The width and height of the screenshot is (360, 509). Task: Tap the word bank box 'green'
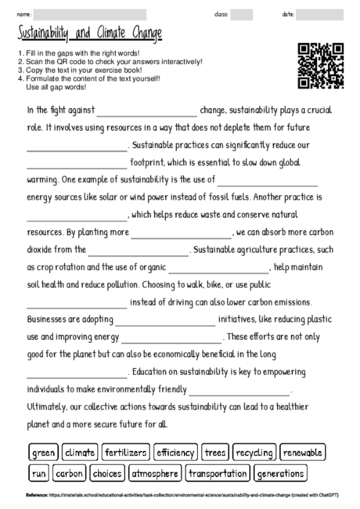(x=44, y=453)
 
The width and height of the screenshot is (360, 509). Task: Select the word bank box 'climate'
(x=80, y=453)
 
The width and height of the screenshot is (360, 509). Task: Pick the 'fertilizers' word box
(x=125, y=453)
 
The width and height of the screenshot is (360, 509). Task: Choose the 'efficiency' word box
(x=175, y=453)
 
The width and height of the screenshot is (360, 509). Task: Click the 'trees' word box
(x=214, y=453)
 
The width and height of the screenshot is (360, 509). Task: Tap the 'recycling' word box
(x=254, y=453)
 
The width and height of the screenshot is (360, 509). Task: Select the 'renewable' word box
(x=303, y=453)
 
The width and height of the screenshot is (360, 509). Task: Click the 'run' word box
(x=39, y=474)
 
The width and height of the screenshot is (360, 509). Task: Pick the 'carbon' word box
(x=70, y=474)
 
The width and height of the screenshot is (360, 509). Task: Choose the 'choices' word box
(x=106, y=474)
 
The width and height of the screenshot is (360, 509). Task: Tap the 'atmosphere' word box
(x=155, y=474)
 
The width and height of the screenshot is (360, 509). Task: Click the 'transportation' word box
(x=218, y=474)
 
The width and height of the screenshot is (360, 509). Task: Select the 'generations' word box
(x=280, y=474)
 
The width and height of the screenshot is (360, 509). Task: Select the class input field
(x=242, y=15)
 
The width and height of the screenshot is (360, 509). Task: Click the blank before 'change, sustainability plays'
(x=146, y=110)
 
